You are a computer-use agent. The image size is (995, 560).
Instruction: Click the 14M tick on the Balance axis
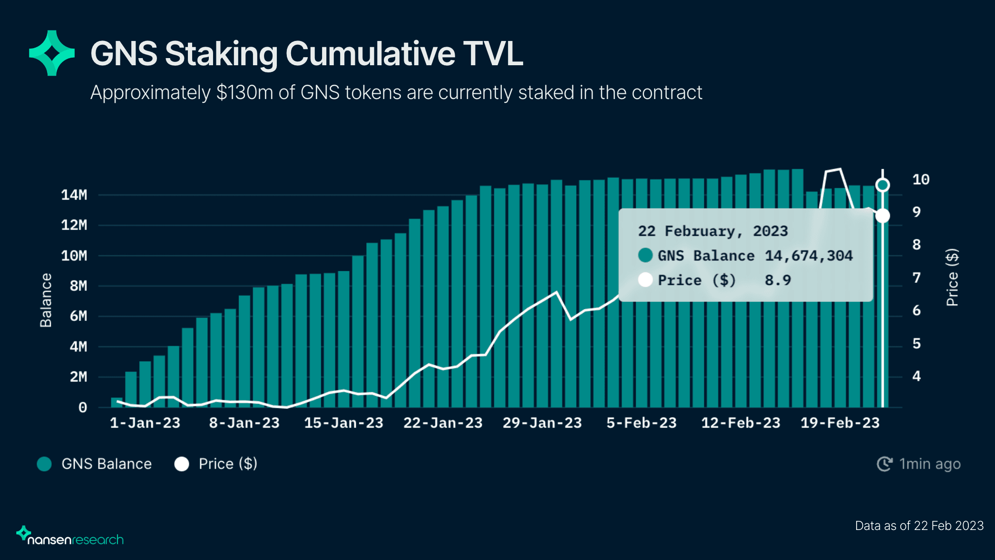click(74, 195)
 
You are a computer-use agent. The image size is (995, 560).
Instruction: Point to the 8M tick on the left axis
click(78, 286)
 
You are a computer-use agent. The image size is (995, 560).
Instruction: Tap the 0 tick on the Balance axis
click(83, 408)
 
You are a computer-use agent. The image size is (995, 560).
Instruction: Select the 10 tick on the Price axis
click(921, 180)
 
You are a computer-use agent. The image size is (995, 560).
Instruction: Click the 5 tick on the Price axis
click(917, 343)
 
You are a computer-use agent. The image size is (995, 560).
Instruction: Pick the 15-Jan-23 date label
click(343, 423)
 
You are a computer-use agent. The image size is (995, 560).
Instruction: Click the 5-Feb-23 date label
click(641, 423)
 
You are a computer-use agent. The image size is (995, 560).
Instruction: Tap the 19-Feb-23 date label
click(840, 423)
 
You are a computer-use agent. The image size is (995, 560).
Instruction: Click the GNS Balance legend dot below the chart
click(44, 464)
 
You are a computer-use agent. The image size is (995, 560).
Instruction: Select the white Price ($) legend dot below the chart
click(182, 464)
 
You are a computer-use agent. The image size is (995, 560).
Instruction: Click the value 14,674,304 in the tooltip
click(809, 256)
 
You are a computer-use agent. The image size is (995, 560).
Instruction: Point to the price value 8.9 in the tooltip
click(778, 280)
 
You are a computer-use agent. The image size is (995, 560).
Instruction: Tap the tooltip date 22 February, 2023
click(712, 231)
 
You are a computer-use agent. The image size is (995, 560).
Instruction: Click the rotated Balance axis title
click(46, 300)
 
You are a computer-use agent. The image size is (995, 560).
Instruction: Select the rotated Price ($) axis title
click(952, 277)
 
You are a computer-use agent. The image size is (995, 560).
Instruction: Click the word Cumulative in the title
click(370, 53)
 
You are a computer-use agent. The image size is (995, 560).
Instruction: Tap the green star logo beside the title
click(52, 53)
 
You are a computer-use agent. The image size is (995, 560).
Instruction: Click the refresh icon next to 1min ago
click(885, 464)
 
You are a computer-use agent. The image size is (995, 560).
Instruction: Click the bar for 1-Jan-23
click(117, 403)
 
